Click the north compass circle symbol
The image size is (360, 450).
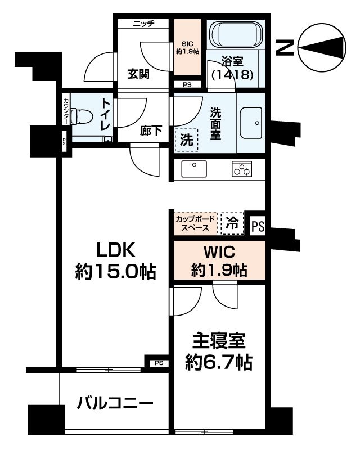coord(321,47)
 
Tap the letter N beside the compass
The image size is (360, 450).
coord(285,48)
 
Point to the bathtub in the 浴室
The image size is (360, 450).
coord(236,36)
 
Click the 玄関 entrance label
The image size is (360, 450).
coord(138,74)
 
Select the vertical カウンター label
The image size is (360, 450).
coord(66,111)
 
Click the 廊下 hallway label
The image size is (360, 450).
coord(151,131)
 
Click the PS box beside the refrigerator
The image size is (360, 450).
coord(258,226)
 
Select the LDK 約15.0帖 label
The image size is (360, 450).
coord(115,261)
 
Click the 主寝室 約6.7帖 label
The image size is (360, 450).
coord(219,351)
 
